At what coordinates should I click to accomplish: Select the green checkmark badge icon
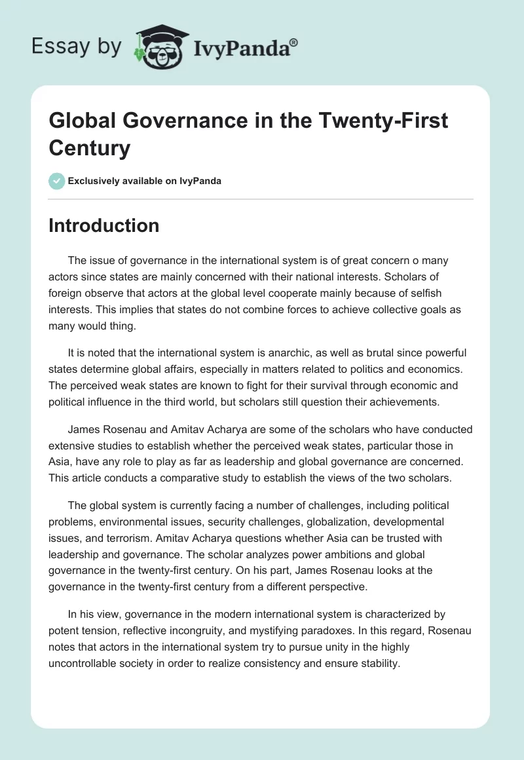pyautogui.click(x=57, y=181)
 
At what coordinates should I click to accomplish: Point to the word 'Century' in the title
pyautogui.click(x=89, y=148)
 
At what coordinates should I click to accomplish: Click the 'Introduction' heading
pyautogui.click(x=104, y=225)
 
